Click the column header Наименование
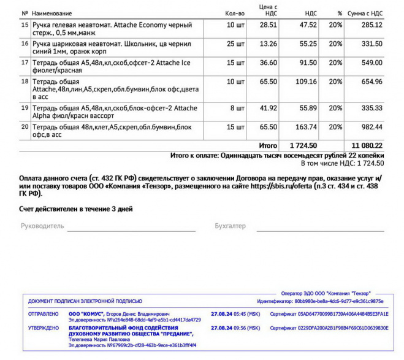click(x=51, y=13)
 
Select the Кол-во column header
click(x=235, y=13)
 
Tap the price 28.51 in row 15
click(x=268, y=25)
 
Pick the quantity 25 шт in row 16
click(x=235, y=44)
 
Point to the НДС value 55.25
click(x=307, y=44)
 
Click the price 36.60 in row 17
click(x=268, y=63)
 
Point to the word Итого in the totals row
click(x=267, y=145)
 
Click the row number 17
click(x=25, y=63)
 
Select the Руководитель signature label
click(x=42, y=226)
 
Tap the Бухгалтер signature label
click(x=230, y=226)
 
